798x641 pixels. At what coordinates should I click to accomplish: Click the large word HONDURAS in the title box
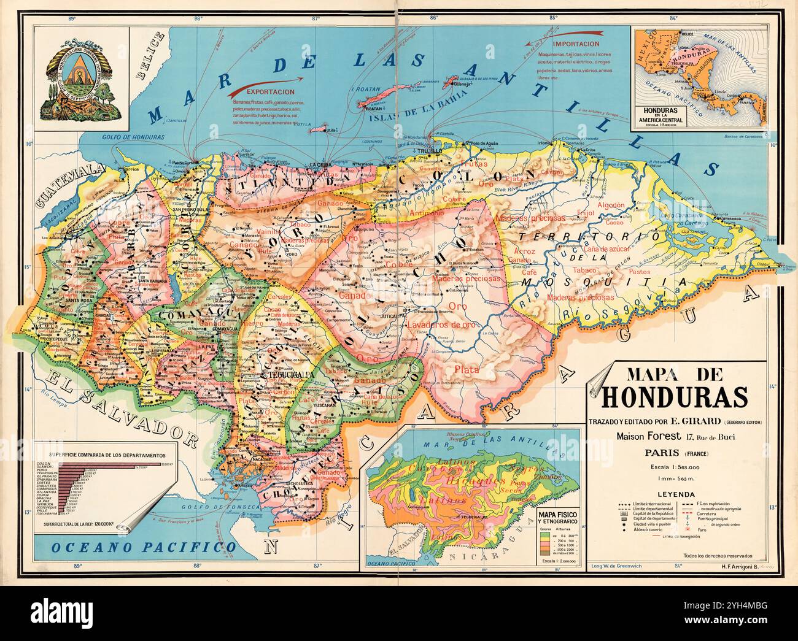pyautogui.click(x=675, y=397)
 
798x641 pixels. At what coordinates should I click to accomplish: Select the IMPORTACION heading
pyautogui.click(x=575, y=45)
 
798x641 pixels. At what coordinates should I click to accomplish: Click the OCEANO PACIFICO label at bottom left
pyautogui.click(x=144, y=546)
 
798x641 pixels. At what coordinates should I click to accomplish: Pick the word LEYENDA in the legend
pyautogui.click(x=675, y=494)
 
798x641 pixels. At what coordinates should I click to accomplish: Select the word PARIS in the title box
pyautogui.click(x=661, y=453)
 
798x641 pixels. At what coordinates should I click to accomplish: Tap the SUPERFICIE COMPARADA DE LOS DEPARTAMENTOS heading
pyautogui.click(x=107, y=455)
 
